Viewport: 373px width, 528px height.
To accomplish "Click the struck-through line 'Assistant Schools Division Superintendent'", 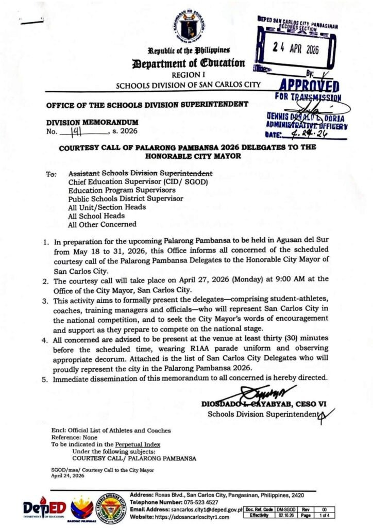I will (140, 173).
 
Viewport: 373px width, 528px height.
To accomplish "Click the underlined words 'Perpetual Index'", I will (138, 444).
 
